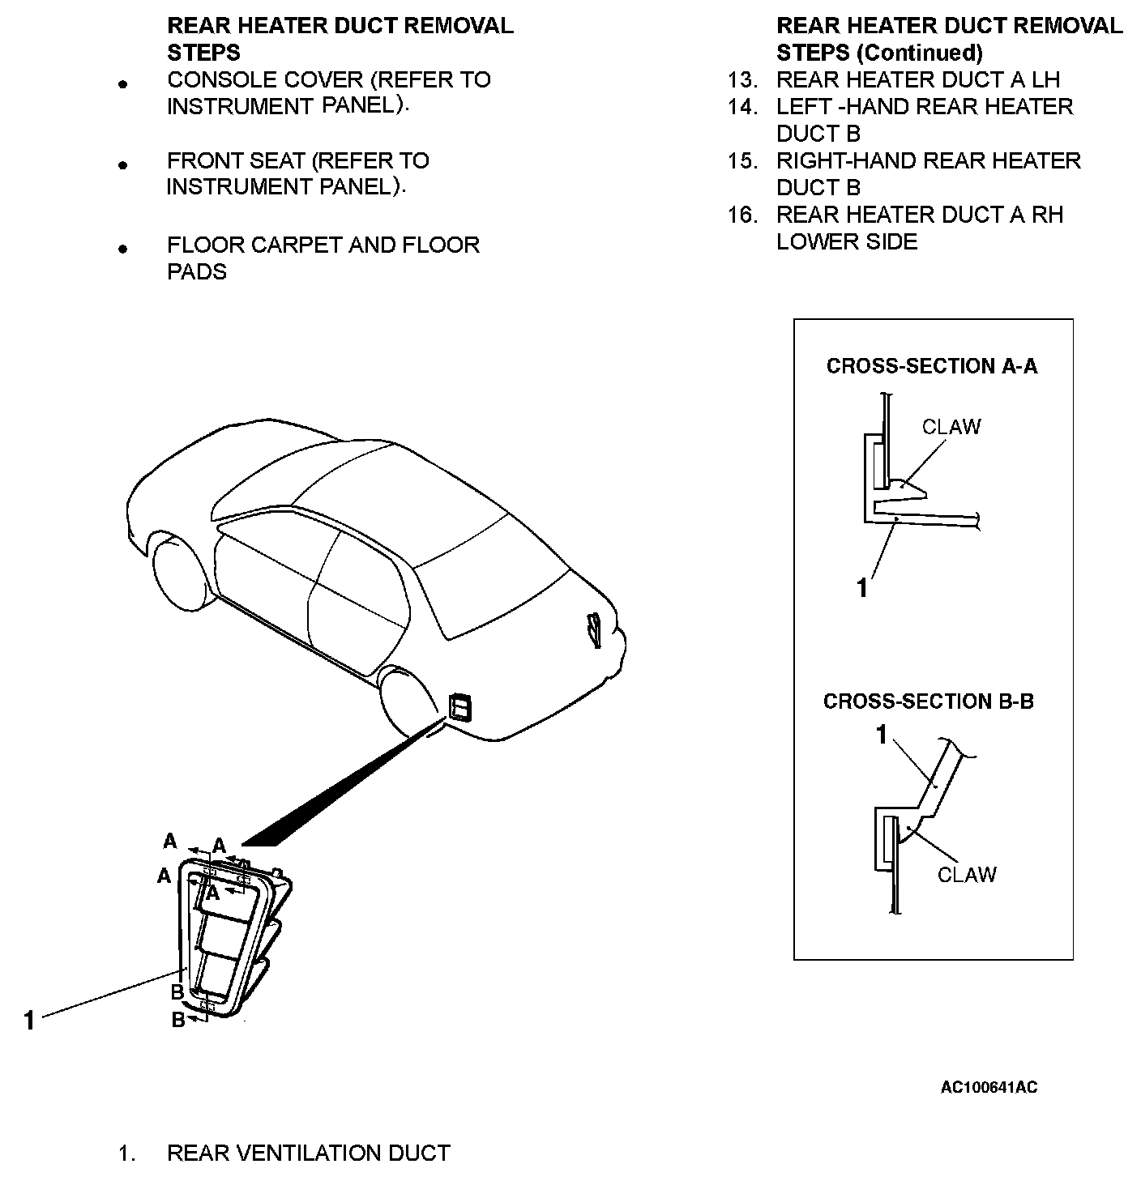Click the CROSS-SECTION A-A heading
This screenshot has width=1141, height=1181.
[x=931, y=366]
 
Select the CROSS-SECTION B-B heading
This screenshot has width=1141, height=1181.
[x=928, y=701]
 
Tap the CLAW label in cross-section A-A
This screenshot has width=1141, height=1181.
[x=951, y=427]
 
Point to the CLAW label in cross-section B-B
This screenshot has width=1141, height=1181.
[x=966, y=875]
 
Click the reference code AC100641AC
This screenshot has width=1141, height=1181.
[x=988, y=1087]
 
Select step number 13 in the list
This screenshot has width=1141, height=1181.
[x=741, y=80]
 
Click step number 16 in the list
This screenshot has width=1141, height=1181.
[x=741, y=215]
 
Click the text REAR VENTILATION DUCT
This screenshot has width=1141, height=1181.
[x=308, y=1153]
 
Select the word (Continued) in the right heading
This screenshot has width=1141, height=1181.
[x=919, y=53]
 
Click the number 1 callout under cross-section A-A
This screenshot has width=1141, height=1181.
[x=862, y=588]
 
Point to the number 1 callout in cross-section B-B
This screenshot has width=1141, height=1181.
[x=882, y=735]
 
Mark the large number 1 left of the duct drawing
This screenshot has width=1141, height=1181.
[x=29, y=1021]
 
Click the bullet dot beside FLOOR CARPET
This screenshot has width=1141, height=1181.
[x=123, y=249]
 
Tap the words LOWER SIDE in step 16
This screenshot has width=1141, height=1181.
[x=846, y=242]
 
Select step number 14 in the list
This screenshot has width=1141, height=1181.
[x=741, y=107]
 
